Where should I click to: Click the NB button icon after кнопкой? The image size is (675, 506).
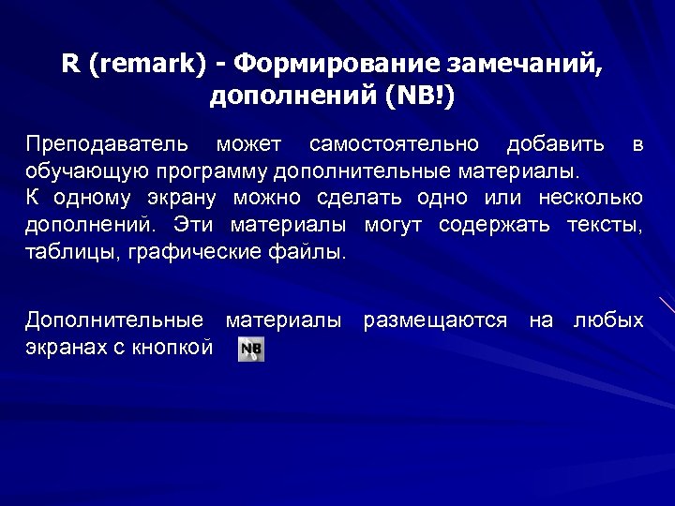[251, 350]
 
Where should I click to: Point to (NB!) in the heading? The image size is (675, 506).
[412, 97]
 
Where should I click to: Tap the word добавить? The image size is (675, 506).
[555, 145]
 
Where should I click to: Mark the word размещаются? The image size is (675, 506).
[435, 321]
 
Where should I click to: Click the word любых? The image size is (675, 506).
[608, 321]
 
